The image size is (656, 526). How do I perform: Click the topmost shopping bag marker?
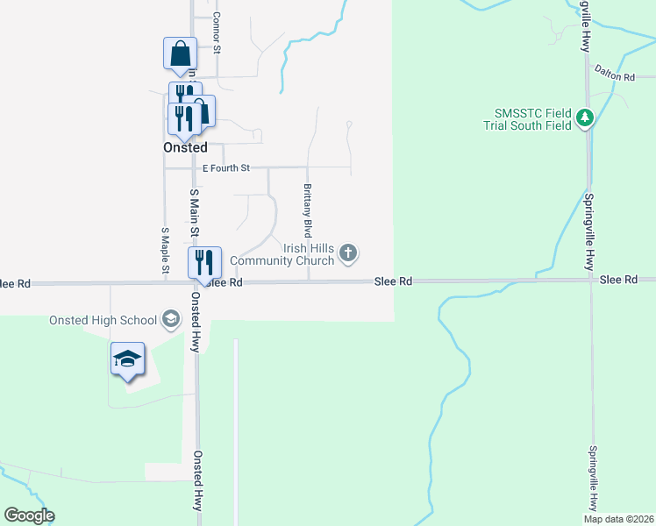tap(180, 53)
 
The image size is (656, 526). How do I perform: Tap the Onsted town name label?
tap(185, 148)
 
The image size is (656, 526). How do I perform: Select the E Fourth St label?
tap(226, 167)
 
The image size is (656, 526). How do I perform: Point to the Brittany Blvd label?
tap(308, 211)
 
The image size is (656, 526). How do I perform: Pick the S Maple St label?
tap(164, 252)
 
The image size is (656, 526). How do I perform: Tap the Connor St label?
tap(216, 33)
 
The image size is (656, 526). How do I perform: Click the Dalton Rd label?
tap(614, 77)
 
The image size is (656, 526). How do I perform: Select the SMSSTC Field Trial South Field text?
tap(532, 119)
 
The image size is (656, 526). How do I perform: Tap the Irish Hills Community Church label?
tap(282, 254)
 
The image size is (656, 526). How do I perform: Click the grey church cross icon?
tap(348, 254)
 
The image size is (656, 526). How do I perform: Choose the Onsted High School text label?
tap(103, 320)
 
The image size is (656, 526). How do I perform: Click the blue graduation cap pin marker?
tap(127, 359)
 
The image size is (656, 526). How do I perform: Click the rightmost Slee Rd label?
tap(618, 280)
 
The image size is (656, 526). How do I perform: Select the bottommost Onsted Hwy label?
tap(198, 480)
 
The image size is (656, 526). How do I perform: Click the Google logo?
tap(29, 515)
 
